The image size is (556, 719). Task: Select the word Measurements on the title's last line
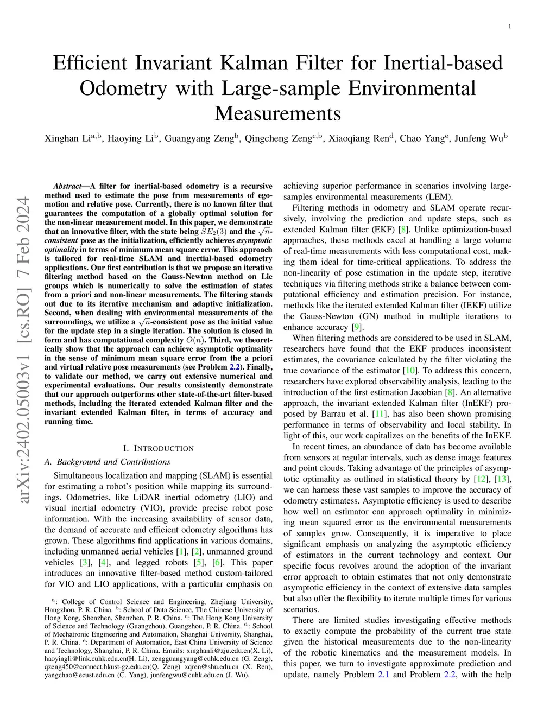(x=277, y=113)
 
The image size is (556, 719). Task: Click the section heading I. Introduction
(x=158, y=448)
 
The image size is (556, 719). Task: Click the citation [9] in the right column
(x=356, y=327)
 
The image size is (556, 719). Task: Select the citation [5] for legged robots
(x=199, y=562)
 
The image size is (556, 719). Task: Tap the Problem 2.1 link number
(x=383, y=675)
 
